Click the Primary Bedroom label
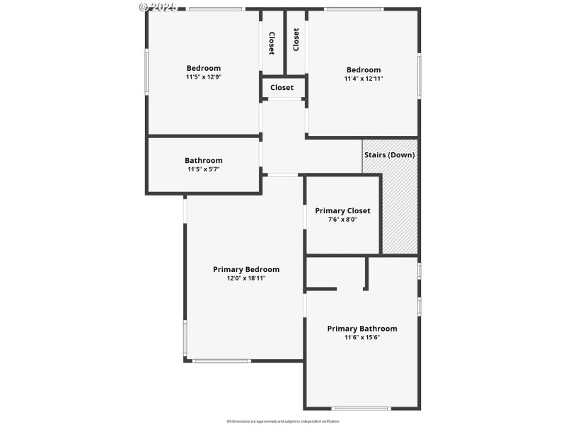point(246,269)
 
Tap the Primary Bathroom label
point(362,329)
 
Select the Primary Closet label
point(342,210)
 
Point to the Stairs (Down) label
point(389,154)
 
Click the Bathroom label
point(204,160)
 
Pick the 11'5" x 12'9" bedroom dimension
point(204,77)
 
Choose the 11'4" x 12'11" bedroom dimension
point(364,79)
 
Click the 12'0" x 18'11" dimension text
point(246,278)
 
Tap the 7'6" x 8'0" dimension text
point(342,220)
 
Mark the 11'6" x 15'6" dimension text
point(362,337)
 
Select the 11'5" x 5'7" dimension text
point(204,169)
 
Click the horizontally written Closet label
point(282,88)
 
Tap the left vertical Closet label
point(271,43)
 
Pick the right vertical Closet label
point(296,39)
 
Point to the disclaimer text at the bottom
point(283,421)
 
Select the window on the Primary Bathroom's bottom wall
point(361,408)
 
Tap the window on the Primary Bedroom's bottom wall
point(221,361)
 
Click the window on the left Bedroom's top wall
point(215,9)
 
